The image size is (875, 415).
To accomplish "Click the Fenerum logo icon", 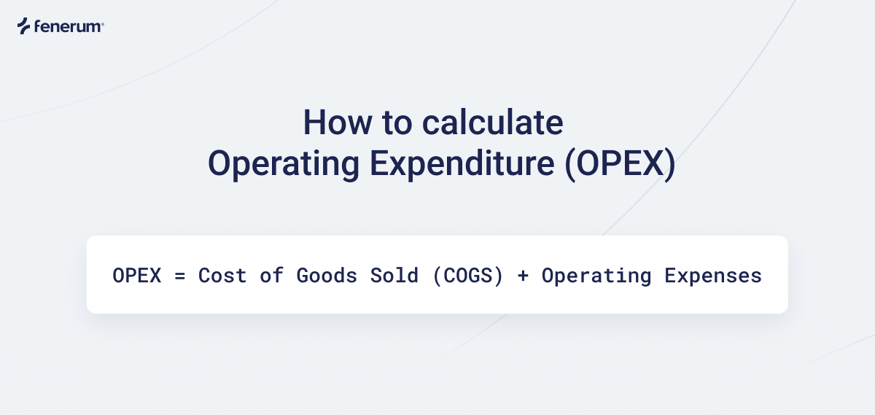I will point(23,26).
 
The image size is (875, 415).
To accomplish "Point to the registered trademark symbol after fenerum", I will point(102,24).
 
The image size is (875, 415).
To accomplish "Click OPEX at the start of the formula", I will point(136,276).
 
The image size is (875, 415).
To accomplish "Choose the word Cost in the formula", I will point(222,276).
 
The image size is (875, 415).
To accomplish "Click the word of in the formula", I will point(271,276).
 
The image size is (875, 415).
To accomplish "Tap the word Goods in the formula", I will point(326,276).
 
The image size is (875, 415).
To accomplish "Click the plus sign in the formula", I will point(522,276).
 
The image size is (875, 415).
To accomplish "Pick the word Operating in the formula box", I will point(596,276).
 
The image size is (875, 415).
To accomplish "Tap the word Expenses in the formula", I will point(712,276).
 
